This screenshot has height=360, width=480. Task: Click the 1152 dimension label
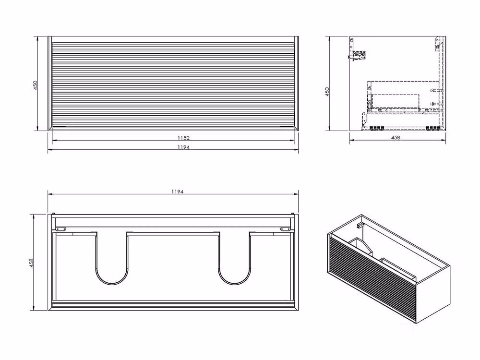(183, 138)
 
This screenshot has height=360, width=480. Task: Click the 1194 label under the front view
(183, 147)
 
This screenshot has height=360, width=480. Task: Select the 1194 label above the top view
(178, 192)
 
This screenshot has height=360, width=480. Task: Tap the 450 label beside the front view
(36, 85)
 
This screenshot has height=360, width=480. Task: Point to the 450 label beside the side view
(327, 92)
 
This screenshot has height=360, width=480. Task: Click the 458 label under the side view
(396, 137)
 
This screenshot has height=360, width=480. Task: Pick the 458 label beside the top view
(31, 263)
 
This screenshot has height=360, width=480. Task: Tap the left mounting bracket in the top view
(61, 228)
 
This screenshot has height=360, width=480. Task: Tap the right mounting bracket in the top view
(286, 228)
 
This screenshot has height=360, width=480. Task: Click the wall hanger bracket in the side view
(357, 56)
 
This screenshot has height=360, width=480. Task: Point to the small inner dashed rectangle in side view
(396, 101)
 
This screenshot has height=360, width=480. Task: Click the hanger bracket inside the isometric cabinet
(360, 225)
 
